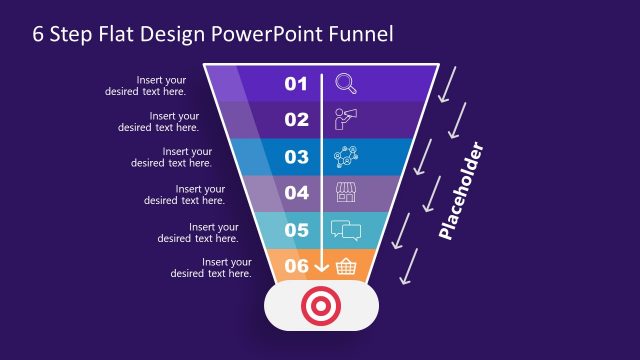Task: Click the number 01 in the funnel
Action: (296, 84)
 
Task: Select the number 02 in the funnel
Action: (296, 120)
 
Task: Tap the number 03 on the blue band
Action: (296, 157)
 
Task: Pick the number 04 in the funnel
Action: (296, 193)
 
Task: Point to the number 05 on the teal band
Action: (296, 230)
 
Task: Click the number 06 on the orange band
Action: (296, 266)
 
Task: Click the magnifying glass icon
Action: (346, 83)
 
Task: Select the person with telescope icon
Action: (346, 119)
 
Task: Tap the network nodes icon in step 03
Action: (346, 156)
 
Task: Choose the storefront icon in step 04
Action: (346, 192)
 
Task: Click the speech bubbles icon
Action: (345, 230)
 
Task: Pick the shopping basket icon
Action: (346, 265)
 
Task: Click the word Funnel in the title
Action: (360, 33)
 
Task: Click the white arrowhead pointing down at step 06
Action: (321, 267)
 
